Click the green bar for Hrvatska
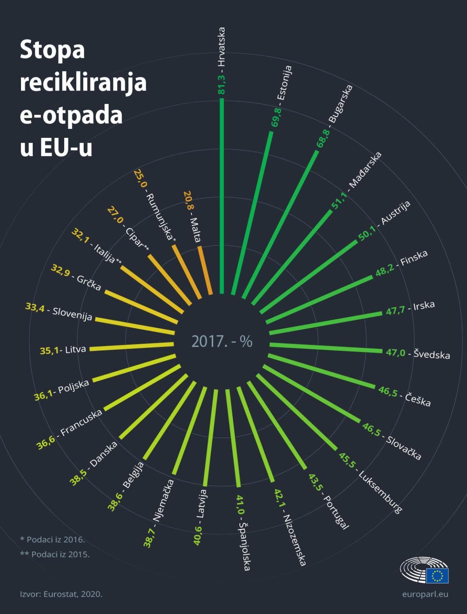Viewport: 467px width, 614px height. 221,194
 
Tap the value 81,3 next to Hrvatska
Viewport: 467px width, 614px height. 221,83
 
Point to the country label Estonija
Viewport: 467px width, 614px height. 284,83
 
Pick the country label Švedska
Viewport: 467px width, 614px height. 431,354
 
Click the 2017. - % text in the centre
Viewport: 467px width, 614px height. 222,342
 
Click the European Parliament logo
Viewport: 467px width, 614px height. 424,570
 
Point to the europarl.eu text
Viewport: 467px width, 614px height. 425,594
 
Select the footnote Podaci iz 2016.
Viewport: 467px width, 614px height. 53,540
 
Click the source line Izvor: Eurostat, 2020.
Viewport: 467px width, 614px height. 61,594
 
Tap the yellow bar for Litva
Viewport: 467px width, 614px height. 132,346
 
